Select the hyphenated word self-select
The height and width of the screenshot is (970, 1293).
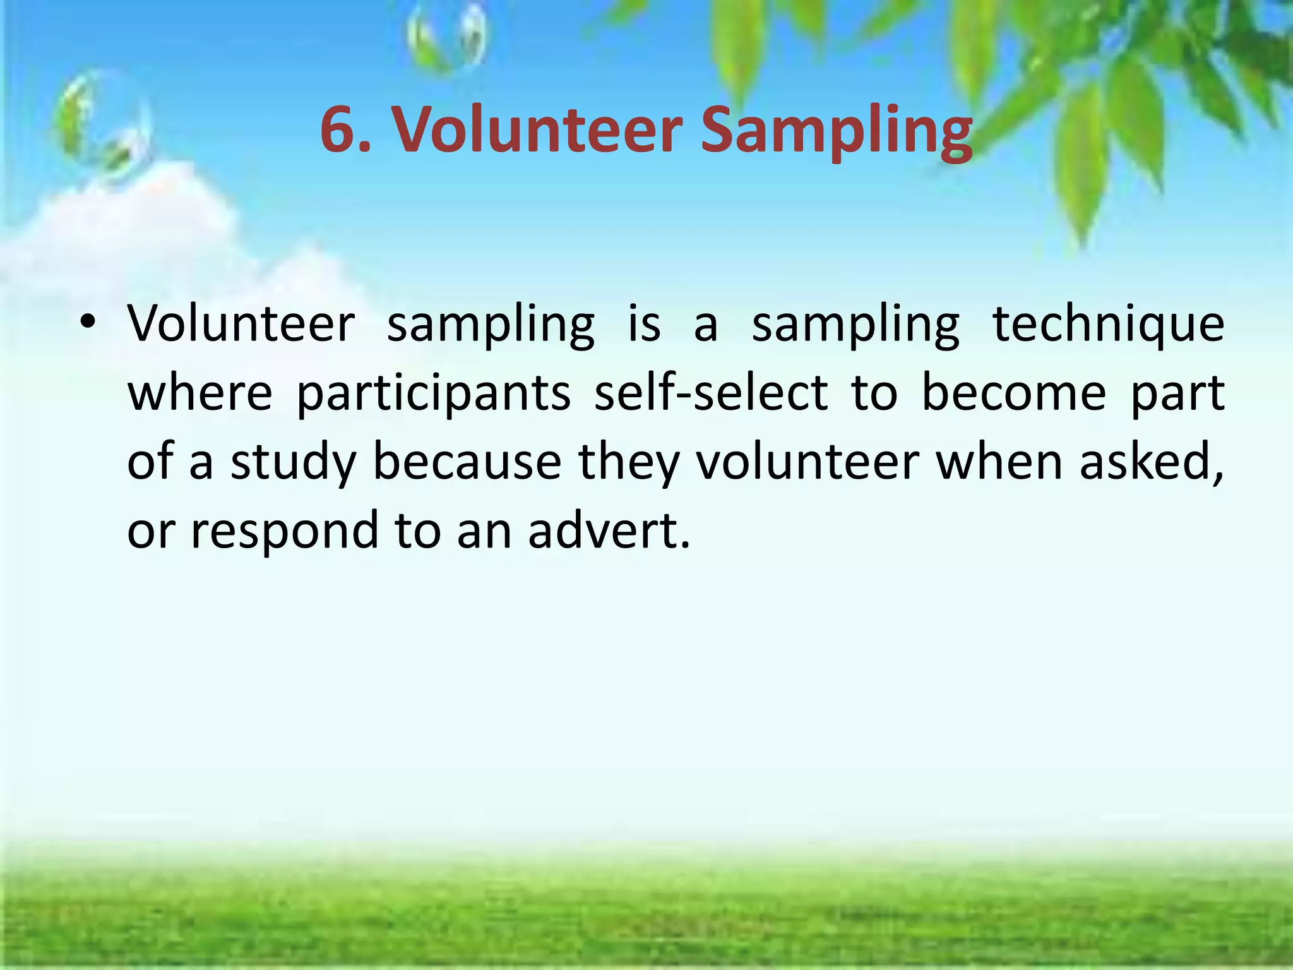(x=711, y=393)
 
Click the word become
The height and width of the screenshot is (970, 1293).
(x=1014, y=393)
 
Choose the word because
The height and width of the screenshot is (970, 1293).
(x=467, y=462)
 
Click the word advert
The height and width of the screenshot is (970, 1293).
(x=609, y=530)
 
